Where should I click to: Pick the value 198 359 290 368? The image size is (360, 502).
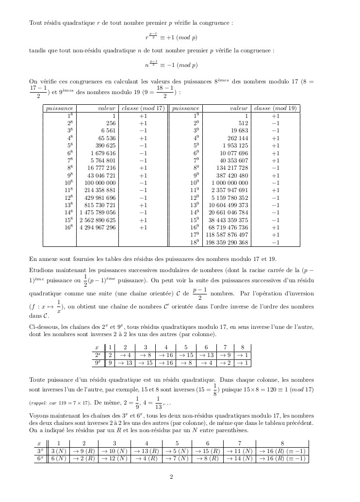[x=227, y=243]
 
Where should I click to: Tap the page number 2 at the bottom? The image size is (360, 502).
[x=171, y=477]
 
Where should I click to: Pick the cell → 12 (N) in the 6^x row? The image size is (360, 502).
[x=114, y=459]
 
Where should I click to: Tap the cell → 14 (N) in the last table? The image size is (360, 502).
[x=239, y=459]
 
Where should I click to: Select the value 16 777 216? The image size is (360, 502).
[x=101, y=168]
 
